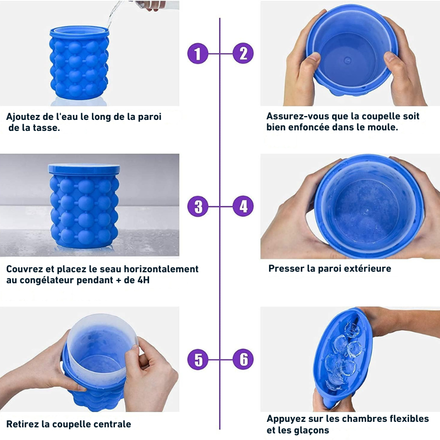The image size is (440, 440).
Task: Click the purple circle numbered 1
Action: pyautogui.click(x=198, y=53)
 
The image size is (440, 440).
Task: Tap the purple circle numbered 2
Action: pyautogui.click(x=243, y=53)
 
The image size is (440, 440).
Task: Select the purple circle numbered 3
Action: pyautogui.click(x=198, y=206)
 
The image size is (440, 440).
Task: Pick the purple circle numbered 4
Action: pyautogui.click(x=243, y=206)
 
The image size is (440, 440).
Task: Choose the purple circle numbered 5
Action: pyautogui.click(x=198, y=360)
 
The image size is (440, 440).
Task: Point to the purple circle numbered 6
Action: pyautogui.click(x=243, y=360)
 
